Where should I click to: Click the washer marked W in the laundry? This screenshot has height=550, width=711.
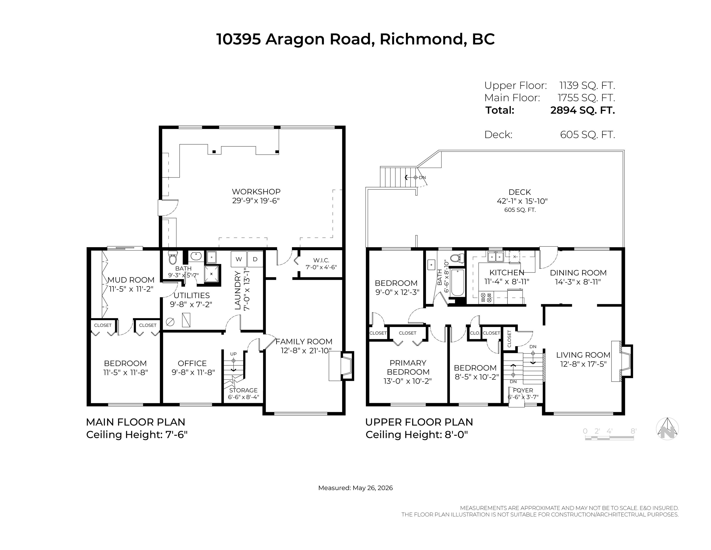(239, 259)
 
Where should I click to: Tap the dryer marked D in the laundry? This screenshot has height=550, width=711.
(255, 259)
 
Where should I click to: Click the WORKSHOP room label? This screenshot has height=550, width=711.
(256, 192)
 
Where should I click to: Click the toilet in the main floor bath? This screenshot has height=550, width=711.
(172, 257)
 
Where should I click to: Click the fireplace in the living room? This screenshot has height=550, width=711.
(622, 361)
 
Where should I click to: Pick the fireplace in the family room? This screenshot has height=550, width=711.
(341, 366)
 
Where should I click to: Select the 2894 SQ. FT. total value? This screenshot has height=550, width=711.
(582, 110)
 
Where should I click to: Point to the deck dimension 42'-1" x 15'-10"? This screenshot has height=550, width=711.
(522, 201)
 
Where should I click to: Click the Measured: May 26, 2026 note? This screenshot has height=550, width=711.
(355, 488)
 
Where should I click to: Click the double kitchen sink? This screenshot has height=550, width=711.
(495, 257)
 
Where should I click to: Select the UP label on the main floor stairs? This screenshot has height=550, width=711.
(234, 354)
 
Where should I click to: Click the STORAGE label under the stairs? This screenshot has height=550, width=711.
(244, 390)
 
